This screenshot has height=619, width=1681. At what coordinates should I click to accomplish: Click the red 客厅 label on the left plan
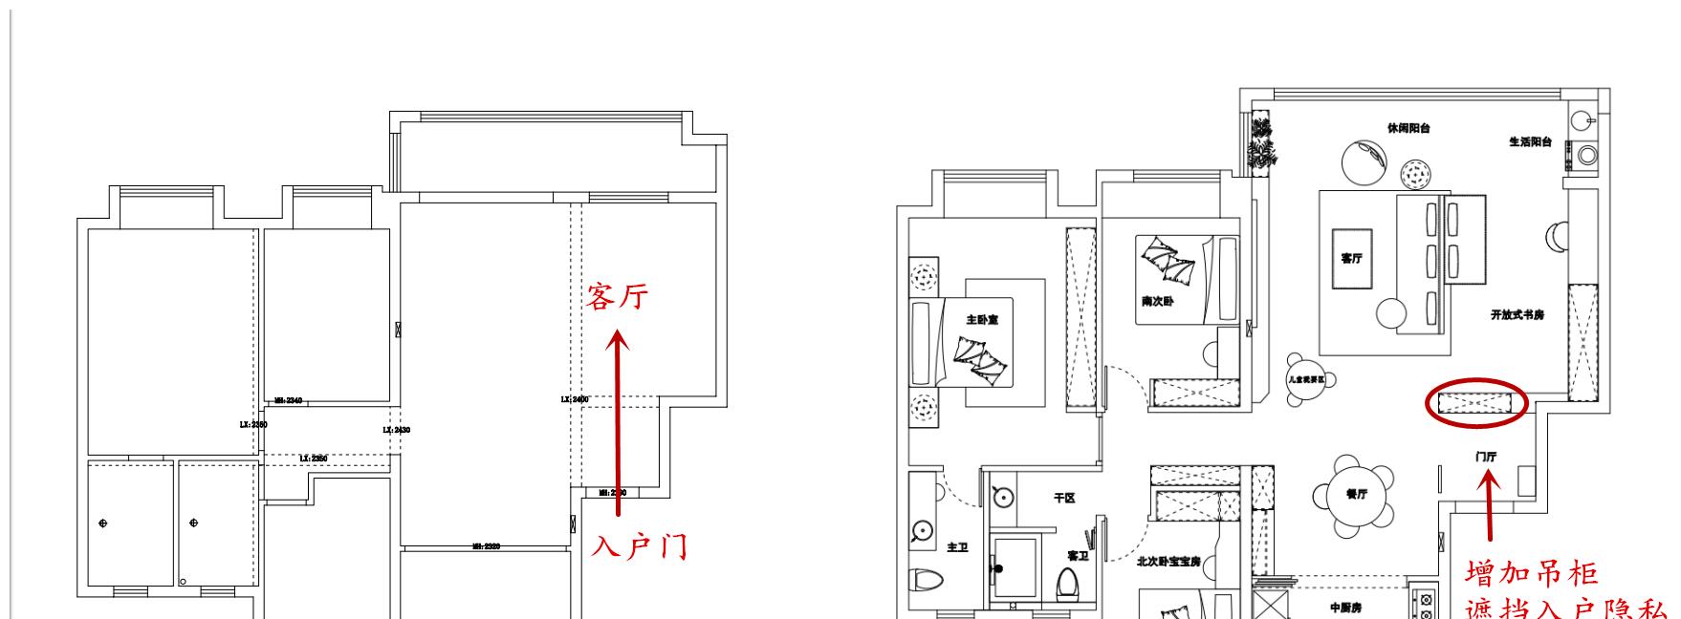618,297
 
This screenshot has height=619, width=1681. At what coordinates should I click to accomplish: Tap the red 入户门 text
639,547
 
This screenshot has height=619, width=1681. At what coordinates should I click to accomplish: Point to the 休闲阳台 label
1408,128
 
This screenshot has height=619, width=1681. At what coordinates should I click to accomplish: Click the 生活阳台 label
1530,142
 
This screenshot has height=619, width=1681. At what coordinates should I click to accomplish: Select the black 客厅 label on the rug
1351,259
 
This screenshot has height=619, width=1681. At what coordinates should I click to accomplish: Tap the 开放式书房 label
1517,314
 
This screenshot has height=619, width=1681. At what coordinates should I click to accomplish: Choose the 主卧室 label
982,320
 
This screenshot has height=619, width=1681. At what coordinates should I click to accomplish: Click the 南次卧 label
1157,301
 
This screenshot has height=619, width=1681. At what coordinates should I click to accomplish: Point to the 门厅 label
1486,458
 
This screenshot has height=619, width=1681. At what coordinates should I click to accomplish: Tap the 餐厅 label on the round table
1356,494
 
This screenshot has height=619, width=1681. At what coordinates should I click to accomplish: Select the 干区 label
1064,498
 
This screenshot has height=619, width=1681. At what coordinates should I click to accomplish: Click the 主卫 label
957,547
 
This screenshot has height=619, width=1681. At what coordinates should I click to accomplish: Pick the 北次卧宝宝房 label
1168,562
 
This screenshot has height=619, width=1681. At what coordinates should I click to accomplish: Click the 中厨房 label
1346,608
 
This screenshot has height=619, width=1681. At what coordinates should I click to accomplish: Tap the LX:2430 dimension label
396,431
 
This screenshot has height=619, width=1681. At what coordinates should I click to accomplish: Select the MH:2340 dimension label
288,401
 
